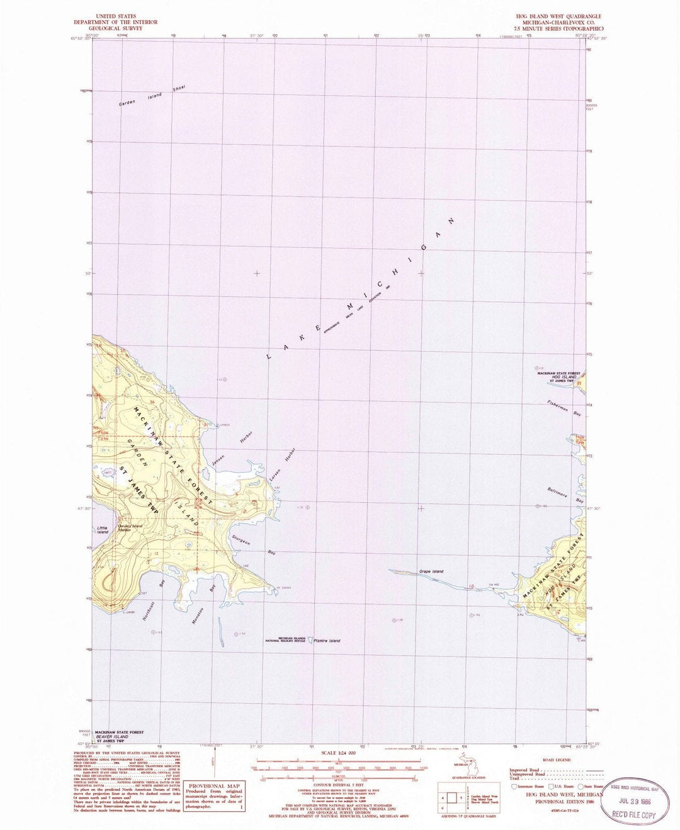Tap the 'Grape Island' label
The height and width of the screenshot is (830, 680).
[431, 571]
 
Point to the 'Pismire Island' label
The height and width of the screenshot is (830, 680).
[326, 641]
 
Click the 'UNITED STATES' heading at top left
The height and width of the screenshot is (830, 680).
[115, 16]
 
